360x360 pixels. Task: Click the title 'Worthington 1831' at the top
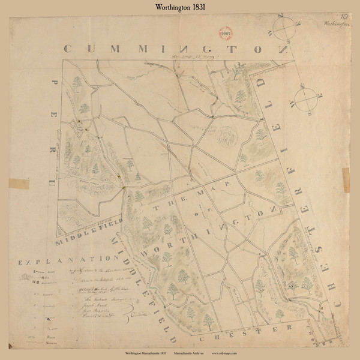click(x=179, y=7)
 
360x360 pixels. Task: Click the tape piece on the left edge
click(x=15, y=182)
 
